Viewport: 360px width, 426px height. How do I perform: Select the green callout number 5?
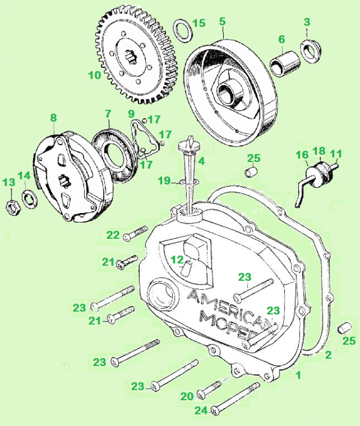(222, 22)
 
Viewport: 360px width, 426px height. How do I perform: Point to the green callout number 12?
(176, 259)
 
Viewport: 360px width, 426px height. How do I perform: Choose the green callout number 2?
(328, 355)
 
